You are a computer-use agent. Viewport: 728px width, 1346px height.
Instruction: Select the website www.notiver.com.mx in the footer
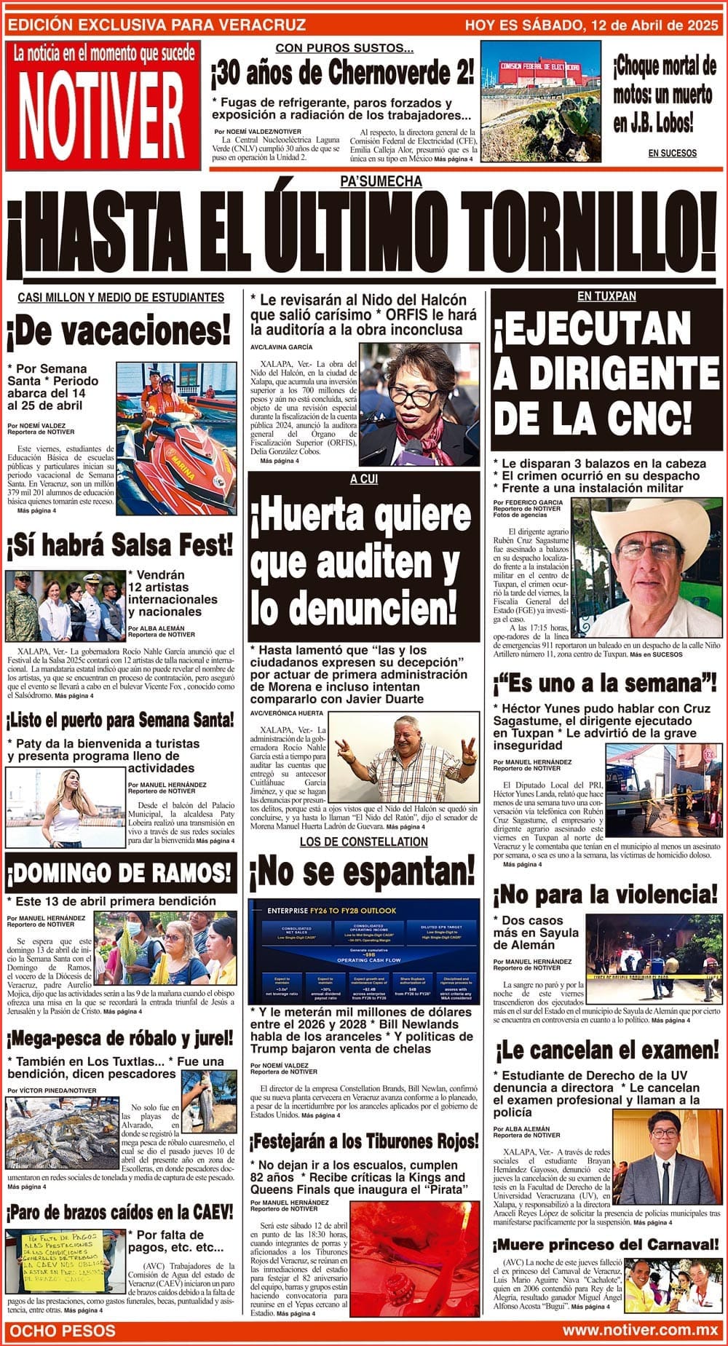point(641,1330)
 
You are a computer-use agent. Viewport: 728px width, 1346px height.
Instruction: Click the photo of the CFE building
point(540,100)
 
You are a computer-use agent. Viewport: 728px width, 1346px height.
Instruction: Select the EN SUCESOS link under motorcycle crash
point(672,153)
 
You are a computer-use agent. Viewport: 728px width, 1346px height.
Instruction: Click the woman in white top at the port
point(69,808)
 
